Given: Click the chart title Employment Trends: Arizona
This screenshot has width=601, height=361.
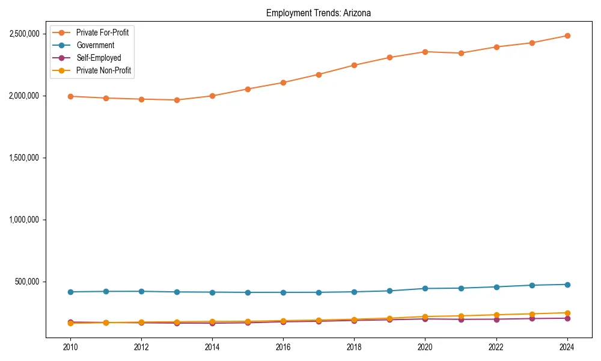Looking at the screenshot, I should (x=319, y=13).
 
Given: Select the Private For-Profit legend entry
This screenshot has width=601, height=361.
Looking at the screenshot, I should (x=102, y=32).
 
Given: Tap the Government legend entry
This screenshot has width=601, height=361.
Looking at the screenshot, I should (x=95, y=45).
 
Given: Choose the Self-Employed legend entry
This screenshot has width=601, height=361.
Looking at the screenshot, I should (x=99, y=58).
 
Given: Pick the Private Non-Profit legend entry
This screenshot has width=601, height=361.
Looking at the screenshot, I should (x=103, y=70).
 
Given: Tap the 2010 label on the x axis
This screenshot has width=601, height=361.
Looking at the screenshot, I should (x=70, y=347).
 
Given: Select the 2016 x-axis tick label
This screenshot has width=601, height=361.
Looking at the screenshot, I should (x=283, y=347).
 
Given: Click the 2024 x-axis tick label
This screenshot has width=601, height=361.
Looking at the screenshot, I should (x=567, y=347).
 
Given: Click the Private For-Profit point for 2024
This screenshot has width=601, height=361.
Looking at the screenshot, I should (x=567, y=35).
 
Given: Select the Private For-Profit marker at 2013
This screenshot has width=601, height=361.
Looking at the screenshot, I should (x=177, y=100).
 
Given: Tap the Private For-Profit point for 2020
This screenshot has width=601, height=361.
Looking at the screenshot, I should (x=425, y=52).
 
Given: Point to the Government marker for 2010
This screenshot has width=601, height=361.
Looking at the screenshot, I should (x=70, y=292).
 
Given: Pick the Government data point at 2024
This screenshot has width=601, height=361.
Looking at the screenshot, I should (x=567, y=285).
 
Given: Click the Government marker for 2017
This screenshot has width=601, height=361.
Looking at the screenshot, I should (x=319, y=292).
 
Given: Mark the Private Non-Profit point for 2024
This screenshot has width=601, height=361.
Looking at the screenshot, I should (x=567, y=313).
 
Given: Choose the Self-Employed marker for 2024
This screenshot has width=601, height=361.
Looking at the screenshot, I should (x=567, y=318).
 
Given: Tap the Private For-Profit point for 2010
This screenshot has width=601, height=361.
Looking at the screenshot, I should (x=70, y=96).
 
